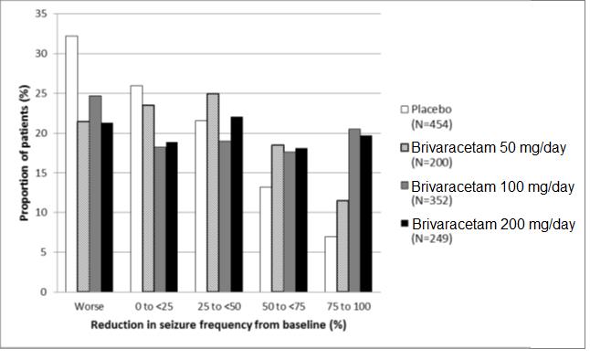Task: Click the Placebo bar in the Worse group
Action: (x=71, y=164)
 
